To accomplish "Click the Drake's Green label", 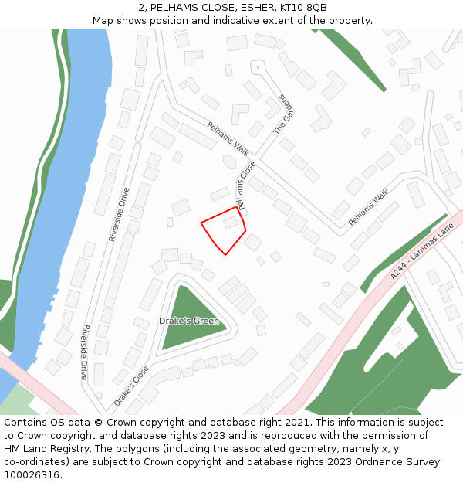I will pyautogui.click(x=188, y=321).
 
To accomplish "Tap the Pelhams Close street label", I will pyautogui.click(x=247, y=186).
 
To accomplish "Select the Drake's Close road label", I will pyautogui.click(x=131, y=386).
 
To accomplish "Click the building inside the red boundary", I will pyautogui.click(x=231, y=223).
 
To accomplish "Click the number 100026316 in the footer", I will pyautogui.click(x=32, y=474).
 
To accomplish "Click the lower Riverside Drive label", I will pyautogui.click(x=84, y=352).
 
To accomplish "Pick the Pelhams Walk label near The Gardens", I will pyautogui.click(x=230, y=139).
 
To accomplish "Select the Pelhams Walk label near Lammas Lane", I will pyautogui.click(x=369, y=209).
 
